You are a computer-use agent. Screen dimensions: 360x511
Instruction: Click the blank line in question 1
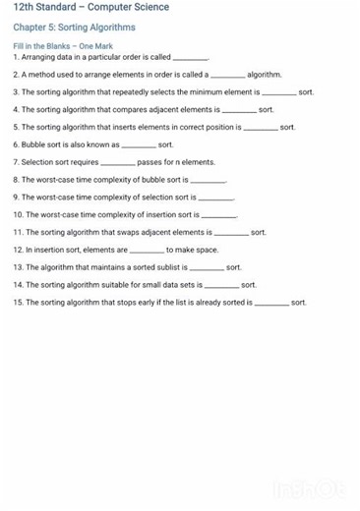(x=190, y=58)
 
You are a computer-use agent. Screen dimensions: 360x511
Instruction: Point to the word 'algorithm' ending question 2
(x=265, y=75)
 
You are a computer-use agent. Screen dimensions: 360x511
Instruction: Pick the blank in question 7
(x=118, y=162)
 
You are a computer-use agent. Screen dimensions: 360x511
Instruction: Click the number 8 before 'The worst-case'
(x=16, y=180)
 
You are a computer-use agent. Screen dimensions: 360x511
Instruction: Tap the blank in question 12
(x=147, y=250)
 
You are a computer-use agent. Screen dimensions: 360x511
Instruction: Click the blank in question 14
(x=221, y=285)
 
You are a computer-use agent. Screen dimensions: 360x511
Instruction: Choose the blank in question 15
(x=271, y=303)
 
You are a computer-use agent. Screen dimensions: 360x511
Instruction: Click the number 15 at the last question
(x=18, y=303)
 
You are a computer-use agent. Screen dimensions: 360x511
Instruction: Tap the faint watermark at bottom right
(x=311, y=488)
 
